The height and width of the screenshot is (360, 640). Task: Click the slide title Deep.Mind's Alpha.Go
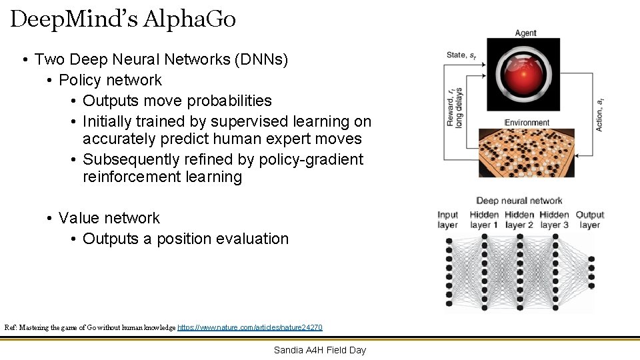(x=123, y=19)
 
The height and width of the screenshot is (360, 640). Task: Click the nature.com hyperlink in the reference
(x=250, y=327)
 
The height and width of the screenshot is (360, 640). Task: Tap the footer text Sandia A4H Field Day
(x=319, y=350)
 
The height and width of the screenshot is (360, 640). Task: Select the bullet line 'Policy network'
(x=110, y=80)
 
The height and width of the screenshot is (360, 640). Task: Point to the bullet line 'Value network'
(x=109, y=218)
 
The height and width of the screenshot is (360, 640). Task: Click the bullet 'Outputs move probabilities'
(x=177, y=101)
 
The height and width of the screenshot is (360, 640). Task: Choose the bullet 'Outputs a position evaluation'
(x=185, y=239)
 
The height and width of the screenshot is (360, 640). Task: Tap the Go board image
(x=527, y=152)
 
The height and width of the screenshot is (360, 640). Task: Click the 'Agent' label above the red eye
(x=525, y=33)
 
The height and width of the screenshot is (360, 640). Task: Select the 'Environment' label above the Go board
(x=527, y=123)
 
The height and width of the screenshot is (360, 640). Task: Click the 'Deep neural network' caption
(x=519, y=201)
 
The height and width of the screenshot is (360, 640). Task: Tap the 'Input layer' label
(x=447, y=219)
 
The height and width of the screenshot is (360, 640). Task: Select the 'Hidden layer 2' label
(x=519, y=219)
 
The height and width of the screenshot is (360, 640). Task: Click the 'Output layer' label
(x=589, y=219)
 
